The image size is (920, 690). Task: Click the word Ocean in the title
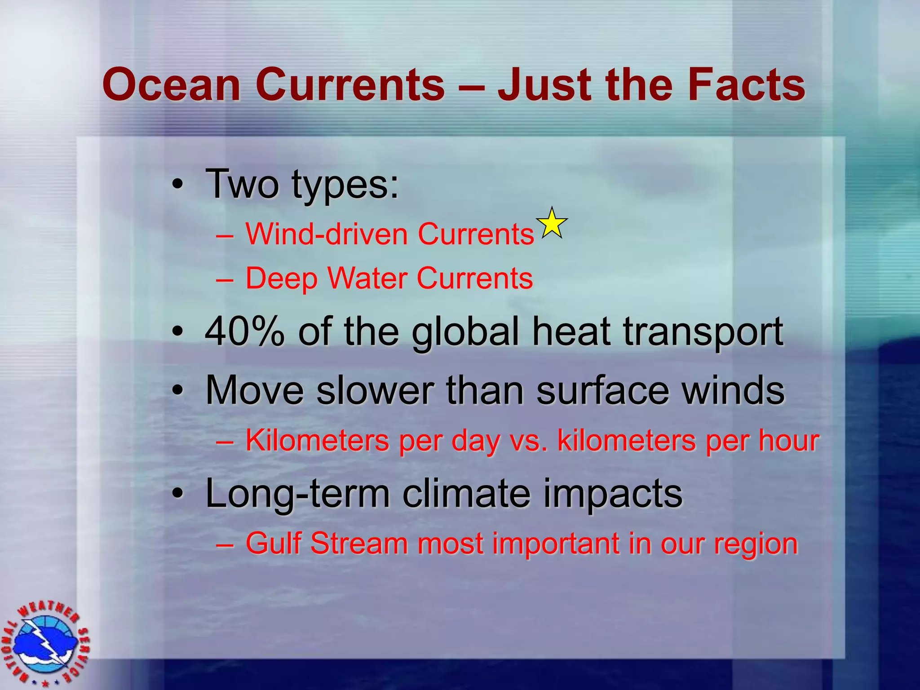pos(172,85)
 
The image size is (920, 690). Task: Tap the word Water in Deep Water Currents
pos(367,279)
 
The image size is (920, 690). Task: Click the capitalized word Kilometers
pos(317,441)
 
